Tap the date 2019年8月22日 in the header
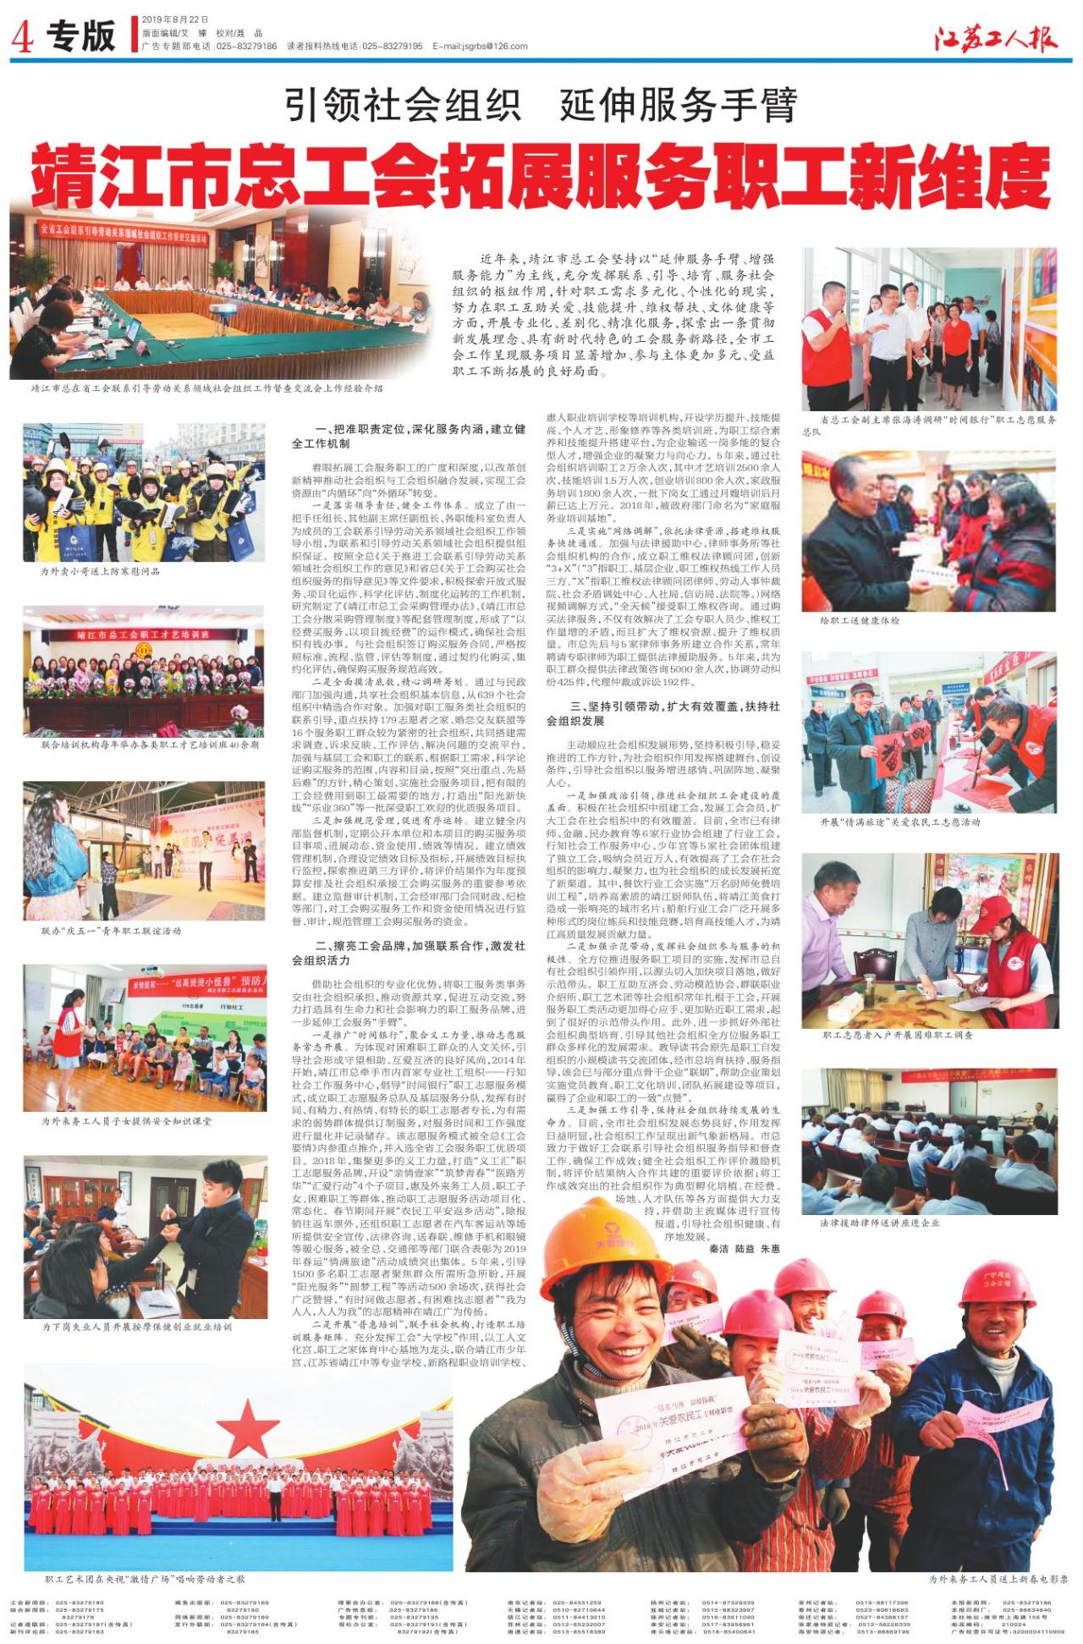174,19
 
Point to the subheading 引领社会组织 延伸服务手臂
541,106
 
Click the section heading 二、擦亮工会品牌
409,953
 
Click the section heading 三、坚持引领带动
663,712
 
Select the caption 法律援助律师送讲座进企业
879,1223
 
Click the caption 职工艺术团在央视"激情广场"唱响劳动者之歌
145,1579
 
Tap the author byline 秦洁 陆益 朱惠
744,1248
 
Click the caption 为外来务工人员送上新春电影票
998,1579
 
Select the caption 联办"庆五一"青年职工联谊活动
111,931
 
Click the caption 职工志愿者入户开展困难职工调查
898,1034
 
